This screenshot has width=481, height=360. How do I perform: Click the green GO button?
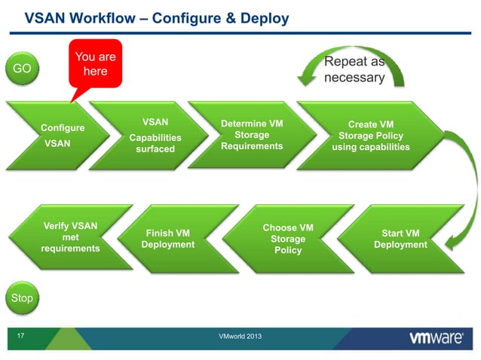[22, 69]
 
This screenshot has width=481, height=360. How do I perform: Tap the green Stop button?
[22, 298]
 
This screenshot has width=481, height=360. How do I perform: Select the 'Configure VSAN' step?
[62, 135]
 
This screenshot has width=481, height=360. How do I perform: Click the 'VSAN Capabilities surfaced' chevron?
[155, 136]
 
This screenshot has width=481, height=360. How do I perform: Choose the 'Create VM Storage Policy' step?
[370, 136]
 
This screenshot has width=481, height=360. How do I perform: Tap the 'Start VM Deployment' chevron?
[400, 239]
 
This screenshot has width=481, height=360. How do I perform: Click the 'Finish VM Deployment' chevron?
[167, 239]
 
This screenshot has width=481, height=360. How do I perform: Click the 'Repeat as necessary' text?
[354, 69]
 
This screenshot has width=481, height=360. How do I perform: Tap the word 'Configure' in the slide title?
[191, 17]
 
